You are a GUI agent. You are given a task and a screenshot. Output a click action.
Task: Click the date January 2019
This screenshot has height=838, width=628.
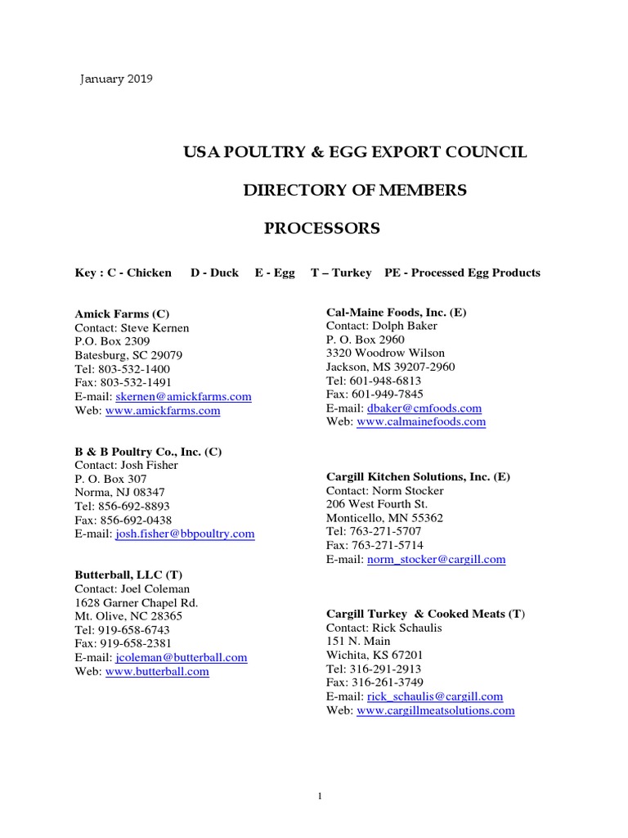115,79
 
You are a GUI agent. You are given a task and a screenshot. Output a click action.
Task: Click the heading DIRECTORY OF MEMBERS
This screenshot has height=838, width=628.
355,191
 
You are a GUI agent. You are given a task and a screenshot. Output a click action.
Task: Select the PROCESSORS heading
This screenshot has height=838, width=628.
321,228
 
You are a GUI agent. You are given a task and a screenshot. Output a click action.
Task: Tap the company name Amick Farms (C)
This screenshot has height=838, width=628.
122,313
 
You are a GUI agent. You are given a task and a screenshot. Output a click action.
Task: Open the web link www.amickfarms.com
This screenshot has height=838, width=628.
163,411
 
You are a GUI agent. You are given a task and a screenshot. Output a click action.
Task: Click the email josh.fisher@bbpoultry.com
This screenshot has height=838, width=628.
185,534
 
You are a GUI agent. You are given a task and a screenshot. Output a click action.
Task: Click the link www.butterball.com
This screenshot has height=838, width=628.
157,671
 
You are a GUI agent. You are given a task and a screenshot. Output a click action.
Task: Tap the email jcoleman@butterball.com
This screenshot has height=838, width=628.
182,657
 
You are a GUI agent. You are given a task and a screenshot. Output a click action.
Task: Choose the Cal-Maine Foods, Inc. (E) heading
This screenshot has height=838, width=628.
397,312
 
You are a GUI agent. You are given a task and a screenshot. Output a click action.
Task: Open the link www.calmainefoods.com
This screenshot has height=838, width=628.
421,421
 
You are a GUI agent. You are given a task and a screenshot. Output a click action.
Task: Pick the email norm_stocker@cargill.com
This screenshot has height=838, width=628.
437,560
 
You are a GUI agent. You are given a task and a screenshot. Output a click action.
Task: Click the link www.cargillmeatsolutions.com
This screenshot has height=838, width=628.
436,710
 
